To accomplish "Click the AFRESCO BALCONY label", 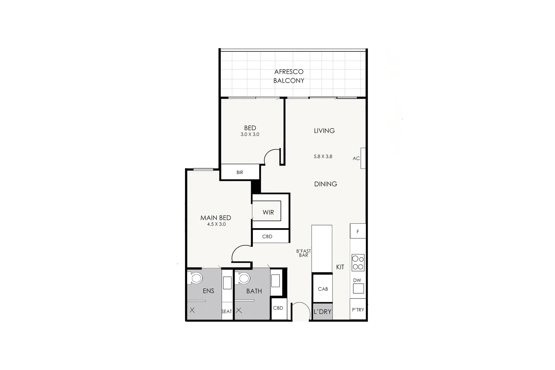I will click(x=289, y=76).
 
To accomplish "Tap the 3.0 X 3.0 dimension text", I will click(x=250, y=135).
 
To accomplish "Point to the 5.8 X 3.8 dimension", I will click(x=323, y=157).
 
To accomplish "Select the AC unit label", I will click(x=356, y=158).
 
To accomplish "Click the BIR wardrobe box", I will click(x=240, y=172).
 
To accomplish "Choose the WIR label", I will click(x=268, y=212).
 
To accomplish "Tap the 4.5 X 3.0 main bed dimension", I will click(x=216, y=224).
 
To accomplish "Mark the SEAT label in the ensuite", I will click(x=226, y=311).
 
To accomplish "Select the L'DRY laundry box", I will click(x=322, y=312).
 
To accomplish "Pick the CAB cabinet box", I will click(x=323, y=289).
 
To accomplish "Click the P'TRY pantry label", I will click(x=358, y=310).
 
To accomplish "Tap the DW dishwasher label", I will click(x=357, y=280).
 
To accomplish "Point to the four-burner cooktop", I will click(x=358, y=263).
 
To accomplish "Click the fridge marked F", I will click(x=358, y=232).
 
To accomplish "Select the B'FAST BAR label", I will click(x=304, y=253).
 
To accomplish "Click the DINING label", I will click(x=325, y=184).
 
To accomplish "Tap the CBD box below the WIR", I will click(x=267, y=236).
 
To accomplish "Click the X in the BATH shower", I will click(x=239, y=310).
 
